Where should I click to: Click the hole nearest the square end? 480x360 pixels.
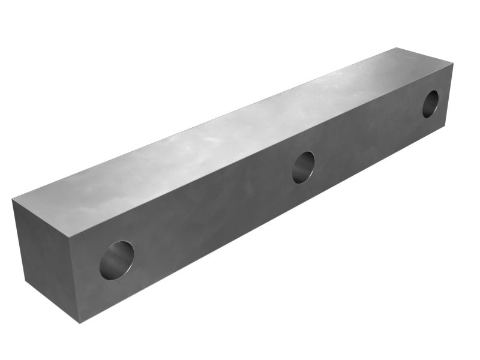point(116,260)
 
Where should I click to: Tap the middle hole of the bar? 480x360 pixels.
point(303,167)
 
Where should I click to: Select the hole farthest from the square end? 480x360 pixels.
point(430,104)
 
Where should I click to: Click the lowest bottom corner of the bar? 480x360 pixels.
point(79,322)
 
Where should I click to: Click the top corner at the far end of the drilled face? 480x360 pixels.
point(453,63)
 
